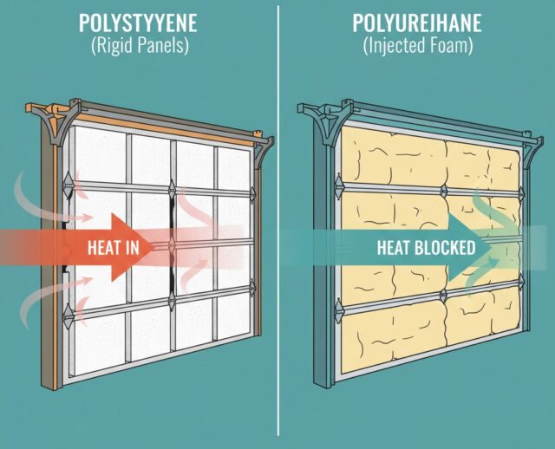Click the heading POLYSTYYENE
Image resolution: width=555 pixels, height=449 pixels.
[138, 19]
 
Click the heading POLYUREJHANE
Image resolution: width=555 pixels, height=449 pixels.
[418, 19]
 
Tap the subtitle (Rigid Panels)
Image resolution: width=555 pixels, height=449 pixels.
[138, 46]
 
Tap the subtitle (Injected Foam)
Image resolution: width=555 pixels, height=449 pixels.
[418, 46]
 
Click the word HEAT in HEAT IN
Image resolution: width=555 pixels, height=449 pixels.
[103, 247]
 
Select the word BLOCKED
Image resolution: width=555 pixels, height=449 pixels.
[444, 247]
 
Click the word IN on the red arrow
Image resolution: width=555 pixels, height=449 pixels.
[134, 247]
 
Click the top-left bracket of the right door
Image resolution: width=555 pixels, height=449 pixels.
[318, 122]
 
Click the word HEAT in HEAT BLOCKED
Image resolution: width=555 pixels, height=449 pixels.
[394, 247]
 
